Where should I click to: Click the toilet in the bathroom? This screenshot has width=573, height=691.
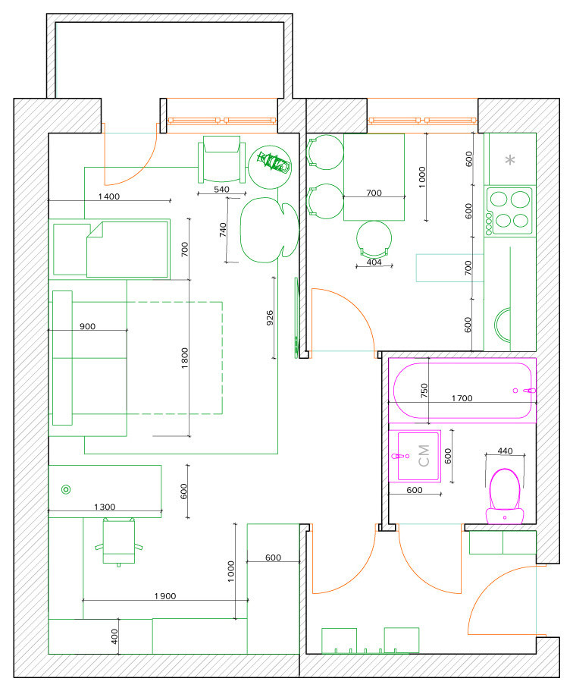[505, 496]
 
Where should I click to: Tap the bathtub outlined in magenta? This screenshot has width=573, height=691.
[462, 391]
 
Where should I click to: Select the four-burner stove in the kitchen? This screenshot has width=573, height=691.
[509, 210]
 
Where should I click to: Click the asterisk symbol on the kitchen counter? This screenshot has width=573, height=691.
[510, 159]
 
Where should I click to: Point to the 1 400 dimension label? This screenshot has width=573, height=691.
[109, 196]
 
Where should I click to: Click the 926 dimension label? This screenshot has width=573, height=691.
[270, 318]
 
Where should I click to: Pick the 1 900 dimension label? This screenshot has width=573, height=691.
[165, 596]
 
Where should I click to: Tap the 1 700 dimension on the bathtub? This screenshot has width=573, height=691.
[462, 398]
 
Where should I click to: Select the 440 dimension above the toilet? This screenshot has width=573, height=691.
[505, 451]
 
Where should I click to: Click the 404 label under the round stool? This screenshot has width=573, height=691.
[374, 262]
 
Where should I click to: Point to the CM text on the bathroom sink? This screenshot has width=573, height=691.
[424, 456]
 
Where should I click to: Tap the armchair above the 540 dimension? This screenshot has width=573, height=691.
[221, 159]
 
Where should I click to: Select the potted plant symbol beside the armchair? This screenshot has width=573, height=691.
[270, 167]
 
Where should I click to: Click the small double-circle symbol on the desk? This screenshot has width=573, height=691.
[66, 489]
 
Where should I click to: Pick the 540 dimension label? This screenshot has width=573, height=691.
[221, 190]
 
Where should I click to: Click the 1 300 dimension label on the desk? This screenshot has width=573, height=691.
[105, 507]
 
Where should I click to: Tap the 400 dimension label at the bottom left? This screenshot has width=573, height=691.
[114, 636]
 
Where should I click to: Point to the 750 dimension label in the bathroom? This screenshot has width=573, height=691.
[424, 391]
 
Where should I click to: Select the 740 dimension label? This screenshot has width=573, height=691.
[223, 230]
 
